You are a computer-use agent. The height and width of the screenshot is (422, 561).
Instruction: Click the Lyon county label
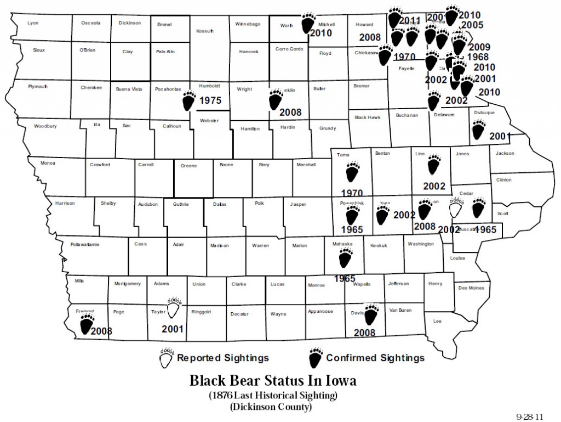pyautogui.click(x=33, y=24)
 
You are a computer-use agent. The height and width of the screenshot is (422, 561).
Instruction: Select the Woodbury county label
pyautogui.click(x=45, y=126)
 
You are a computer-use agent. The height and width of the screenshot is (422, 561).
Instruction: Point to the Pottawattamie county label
pyautogui.click(x=85, y=245)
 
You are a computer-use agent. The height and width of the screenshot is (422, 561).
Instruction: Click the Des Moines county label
pyautogui.click(x=471, y=288)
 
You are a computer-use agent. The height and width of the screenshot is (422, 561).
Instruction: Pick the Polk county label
pyautogui.click(x=260, y=204)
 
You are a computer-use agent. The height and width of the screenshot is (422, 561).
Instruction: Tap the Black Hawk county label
pyautogui.click(x=368, y=117)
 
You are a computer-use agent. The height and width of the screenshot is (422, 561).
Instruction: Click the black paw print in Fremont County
pyautogui.click(x=86, y=324)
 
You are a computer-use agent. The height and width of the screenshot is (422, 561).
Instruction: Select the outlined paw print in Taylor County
pyautogui.click(x=174, y=309)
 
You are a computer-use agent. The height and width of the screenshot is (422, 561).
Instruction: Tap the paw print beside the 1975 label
pyautogui.click(x=190, y=100)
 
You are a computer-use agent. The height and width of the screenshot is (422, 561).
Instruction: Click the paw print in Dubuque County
pyautogui.click(x=479, y=130)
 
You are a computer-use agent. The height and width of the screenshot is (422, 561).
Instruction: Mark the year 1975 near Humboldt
pyautogui.click(x=210, y=100)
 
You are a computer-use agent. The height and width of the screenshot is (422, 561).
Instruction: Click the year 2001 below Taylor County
pyautogui.click(x=172, y=329)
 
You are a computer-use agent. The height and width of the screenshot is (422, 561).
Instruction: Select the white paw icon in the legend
pyautogui.click(x=166, y=358)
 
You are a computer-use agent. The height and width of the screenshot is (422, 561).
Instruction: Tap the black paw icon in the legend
pyautogui.click(x=315, y=358)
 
